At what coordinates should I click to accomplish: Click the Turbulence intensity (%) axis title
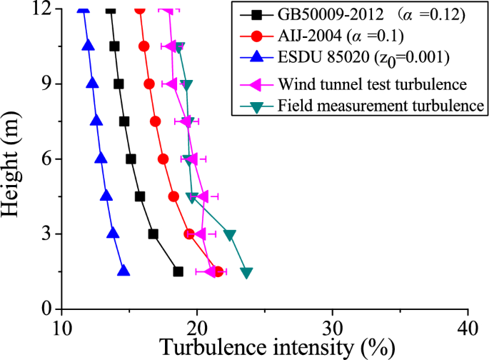pyautogui.click(x=278, y=347)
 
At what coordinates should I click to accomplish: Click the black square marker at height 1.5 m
pyautogui.click(x=178, y=271)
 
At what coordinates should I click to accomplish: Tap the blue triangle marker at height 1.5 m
pyautogui.click(x=123, y=271)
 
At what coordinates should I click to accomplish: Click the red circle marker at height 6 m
pyautogui.click(x=163, y=159)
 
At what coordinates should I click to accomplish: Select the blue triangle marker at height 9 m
pyautogui.click(x=92, y=83)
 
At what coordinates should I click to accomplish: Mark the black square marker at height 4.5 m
pyautogui.click(x=140, y=196)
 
